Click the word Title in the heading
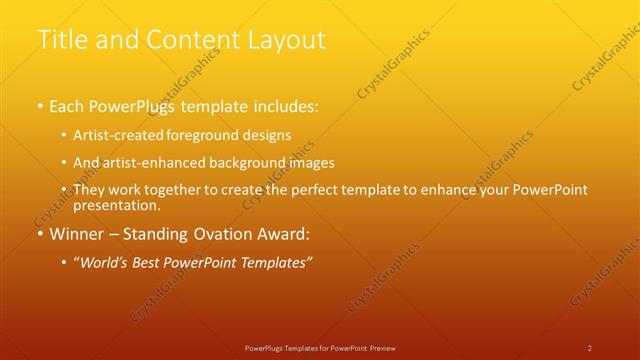63,39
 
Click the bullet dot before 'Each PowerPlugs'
39,105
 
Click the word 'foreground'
207,134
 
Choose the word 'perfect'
314,190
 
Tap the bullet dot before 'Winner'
39,234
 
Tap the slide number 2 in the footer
590,347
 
